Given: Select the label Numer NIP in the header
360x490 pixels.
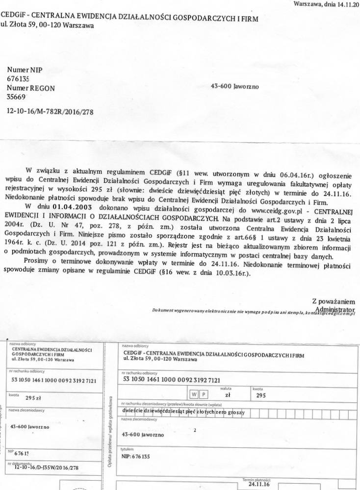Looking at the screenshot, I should (x=25, y=70).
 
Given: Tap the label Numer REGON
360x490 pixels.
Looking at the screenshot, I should (x=31, y=88).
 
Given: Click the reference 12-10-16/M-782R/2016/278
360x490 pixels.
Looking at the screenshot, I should (x=50, y=111).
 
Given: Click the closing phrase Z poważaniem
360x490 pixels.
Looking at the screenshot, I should (x=336, y=301).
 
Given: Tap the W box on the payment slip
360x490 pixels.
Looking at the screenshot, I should (x=194, y=393).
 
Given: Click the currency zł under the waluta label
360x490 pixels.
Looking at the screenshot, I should (x=227, y=393).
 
